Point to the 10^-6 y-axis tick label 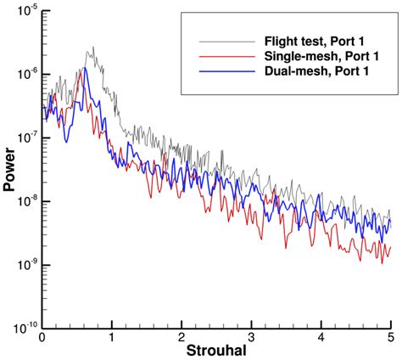(25, 75)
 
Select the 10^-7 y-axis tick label (25, 138)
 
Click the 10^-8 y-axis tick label (25, 201)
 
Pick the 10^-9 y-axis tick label (25, 264)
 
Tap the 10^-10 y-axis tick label (24, 327)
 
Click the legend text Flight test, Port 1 (318, 41)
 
